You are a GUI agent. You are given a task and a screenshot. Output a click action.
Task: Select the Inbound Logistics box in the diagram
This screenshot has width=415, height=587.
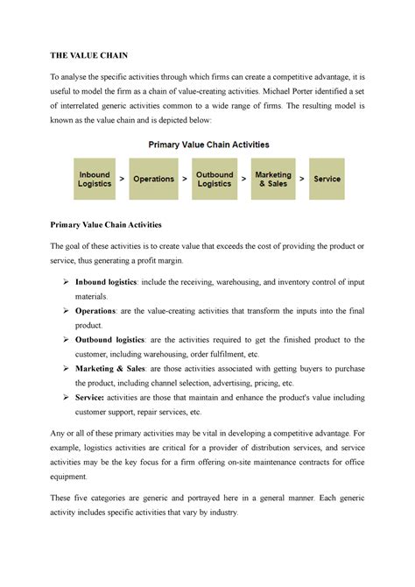pos(95,179)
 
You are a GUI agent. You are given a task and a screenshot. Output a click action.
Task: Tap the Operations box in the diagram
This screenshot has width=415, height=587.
pos(153,179)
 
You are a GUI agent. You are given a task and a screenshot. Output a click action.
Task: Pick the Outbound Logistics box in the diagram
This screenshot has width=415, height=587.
pos(214,179)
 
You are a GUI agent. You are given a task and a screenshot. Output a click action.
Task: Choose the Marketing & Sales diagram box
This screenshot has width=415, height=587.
pos(272,179)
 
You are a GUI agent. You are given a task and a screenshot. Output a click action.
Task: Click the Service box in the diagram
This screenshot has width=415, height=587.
pos(327,179)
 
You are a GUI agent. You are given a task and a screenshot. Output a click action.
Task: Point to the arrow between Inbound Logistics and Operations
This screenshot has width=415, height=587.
pos(122,179)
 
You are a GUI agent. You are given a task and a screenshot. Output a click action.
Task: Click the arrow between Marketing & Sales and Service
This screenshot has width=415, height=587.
pos(302,179)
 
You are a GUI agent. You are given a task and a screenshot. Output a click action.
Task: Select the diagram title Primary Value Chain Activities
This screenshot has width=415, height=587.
pos(207,144)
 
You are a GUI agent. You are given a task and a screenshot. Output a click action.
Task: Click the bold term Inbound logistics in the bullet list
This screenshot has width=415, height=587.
pos(108,281)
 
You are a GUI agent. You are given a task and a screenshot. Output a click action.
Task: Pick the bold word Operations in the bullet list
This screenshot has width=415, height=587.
pos(97,310)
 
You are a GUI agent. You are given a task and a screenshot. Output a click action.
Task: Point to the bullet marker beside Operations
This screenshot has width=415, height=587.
pos(67,310)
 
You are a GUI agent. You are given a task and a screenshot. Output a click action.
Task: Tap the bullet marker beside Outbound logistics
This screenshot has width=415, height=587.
pos(67,339)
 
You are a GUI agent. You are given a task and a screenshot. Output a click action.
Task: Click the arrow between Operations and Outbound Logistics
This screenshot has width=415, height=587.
pos(183,179)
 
